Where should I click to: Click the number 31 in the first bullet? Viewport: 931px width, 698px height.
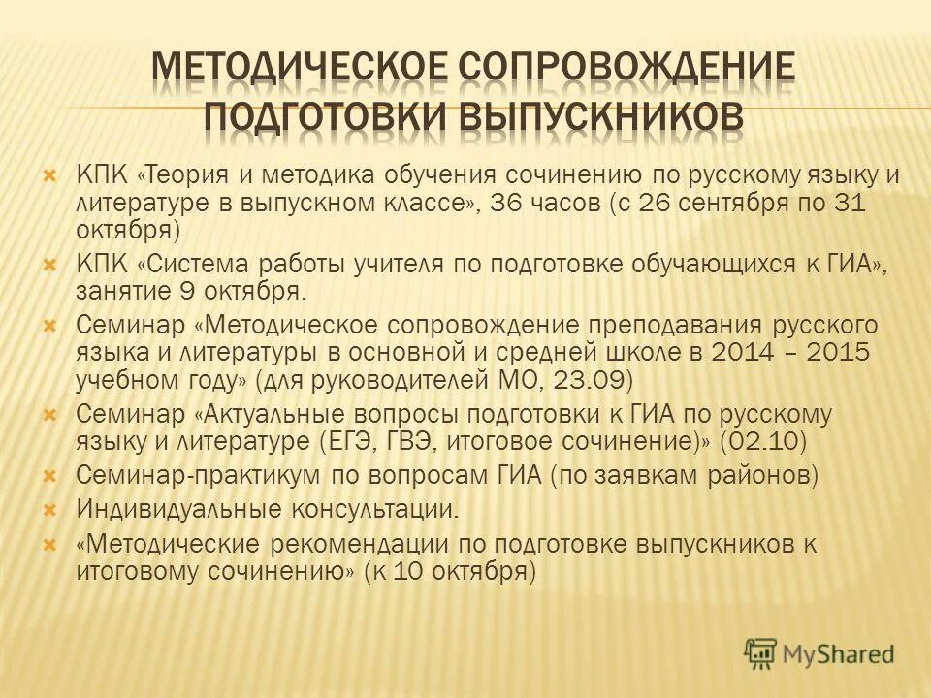(871, 204)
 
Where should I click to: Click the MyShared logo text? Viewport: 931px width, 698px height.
(838, 654)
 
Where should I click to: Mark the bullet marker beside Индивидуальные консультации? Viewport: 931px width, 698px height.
(50, 508)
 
